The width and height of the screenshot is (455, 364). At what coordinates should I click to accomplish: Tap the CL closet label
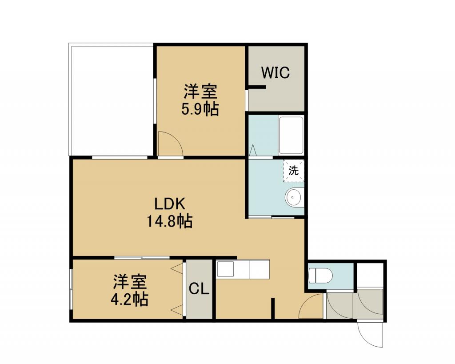click(199, 288)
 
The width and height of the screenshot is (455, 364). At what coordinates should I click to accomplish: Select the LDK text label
click(169, 204)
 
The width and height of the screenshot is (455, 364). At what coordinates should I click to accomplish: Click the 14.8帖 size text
click(169, 221)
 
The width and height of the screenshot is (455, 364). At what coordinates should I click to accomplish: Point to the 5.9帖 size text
click(200, 109)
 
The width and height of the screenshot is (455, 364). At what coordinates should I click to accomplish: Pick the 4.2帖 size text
click(129, 299)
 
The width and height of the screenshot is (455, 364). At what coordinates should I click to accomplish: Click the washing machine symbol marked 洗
click(293, 171)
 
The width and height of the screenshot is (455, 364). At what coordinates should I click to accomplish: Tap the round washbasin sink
click(294, 197)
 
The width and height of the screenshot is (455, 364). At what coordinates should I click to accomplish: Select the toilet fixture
click(320, 275)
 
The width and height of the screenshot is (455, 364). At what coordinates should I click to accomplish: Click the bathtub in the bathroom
click(291, 135)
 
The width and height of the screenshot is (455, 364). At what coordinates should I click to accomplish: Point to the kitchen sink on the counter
click(225, 269)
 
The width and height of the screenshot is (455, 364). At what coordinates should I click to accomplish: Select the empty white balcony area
click(111, 99)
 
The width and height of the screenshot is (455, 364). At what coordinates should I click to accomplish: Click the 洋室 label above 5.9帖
click(200, 92)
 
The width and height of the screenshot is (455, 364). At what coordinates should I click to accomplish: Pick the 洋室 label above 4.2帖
click(130, 282)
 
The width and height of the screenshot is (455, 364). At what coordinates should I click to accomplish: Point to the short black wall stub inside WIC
click(256, 87)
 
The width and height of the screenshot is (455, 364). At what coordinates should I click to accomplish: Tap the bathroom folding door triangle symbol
click(253, 150)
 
